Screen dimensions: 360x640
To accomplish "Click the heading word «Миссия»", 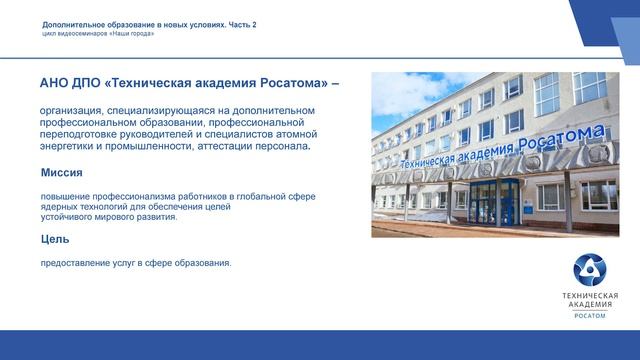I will [62, 173].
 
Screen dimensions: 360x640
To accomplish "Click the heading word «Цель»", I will [55, 240].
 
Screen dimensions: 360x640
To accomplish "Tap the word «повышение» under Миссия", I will [64, 197].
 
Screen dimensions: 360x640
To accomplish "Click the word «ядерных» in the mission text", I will [58, 207].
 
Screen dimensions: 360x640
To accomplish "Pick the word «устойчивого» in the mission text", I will [64, 216].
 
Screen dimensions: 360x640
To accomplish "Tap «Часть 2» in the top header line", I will [239, 24].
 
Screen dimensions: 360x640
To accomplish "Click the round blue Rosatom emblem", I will [589, 270].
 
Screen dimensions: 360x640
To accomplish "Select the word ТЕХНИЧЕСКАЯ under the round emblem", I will [589, 296].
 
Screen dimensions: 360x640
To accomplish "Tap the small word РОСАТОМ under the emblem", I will [589, 316].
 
